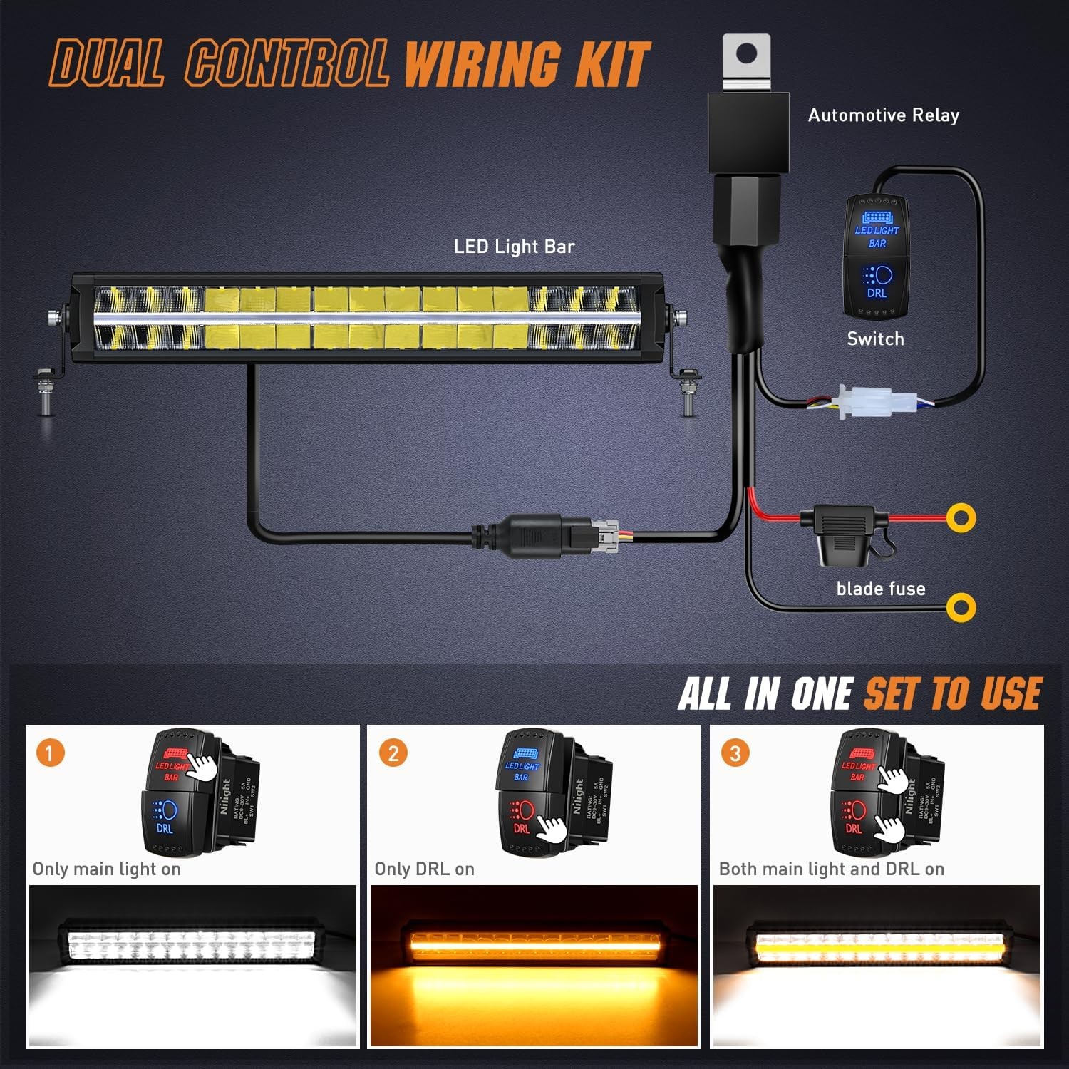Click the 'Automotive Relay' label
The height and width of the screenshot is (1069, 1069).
click(x=883, y=115)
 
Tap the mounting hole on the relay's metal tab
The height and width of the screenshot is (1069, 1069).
click(x=746, y=53)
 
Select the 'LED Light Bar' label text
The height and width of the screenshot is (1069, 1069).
click(x=514, y=247)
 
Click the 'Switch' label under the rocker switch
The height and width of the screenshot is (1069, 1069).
click(x=875, y=339)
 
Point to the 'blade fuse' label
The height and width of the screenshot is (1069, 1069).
click(x=881, y=589)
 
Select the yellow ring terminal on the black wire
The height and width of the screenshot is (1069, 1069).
click(x=961, y=607)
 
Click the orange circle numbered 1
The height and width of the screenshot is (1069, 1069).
click(x=50, y=753)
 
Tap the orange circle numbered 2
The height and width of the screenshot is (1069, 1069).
click(x=393, y=753)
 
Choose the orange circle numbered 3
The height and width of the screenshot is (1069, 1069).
click(x=735, y=753)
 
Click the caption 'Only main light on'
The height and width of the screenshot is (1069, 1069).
click(x=107, y=869)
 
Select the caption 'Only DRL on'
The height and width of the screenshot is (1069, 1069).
click(x=424, y=869)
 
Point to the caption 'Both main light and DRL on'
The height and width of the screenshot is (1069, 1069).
click(x=831, y=869)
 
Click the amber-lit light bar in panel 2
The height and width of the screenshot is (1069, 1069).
click(x=534, y=944)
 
